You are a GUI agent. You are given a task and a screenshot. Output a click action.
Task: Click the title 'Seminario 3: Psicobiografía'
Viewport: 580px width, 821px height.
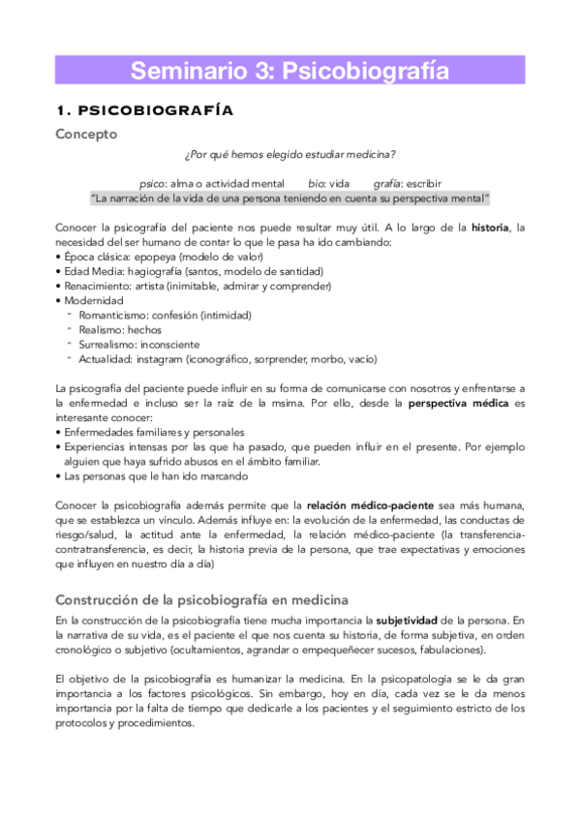[x=290, y=70]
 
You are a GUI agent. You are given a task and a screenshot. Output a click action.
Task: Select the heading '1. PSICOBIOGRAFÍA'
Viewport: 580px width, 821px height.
[x=144, y=109]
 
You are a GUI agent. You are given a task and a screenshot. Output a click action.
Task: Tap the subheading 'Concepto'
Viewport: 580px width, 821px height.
[x=87, y=134]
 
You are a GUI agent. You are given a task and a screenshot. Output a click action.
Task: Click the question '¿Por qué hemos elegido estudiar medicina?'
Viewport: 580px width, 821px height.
[x=289, y=157]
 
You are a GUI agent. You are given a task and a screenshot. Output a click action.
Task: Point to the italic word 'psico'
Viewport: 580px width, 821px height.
[x=153, y=183]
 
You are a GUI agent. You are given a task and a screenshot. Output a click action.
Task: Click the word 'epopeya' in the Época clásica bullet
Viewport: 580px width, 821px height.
[x=146, y=257]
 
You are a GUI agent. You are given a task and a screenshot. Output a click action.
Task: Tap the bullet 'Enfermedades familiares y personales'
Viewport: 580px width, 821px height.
[x=154, y=432]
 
